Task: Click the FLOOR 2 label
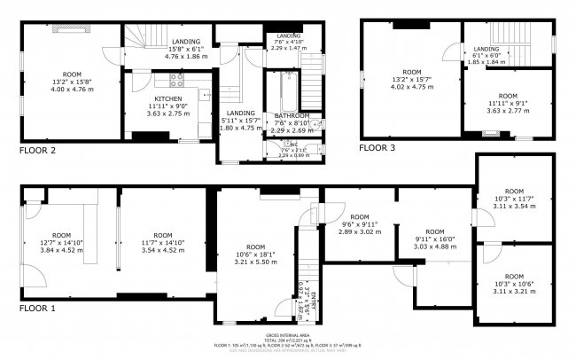pyautogui.click(x=36, y=151)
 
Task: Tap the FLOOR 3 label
pyautogui.click(x=377, y=148)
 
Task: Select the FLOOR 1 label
pyautogui.click(x=36, y=309)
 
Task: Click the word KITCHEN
pyautogui.click(x=167, y=98)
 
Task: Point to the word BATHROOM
pyautogui.click(x=291, y=116)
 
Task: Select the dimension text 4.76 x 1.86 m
pyautogui.click(x=186, y=57)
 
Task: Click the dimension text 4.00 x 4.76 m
pyautogui.click(x=72, y=89)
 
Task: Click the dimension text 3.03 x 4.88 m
pyautogui.click(x=435, y=247)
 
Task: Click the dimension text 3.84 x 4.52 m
pyautogui.click(x=60, y=250)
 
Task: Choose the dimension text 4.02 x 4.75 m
pyautogui.click(x=411, y=88)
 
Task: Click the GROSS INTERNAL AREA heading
pyautogui.click(x=287, y=334)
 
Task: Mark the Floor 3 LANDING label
pyautogui.click(x=486, y=49)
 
